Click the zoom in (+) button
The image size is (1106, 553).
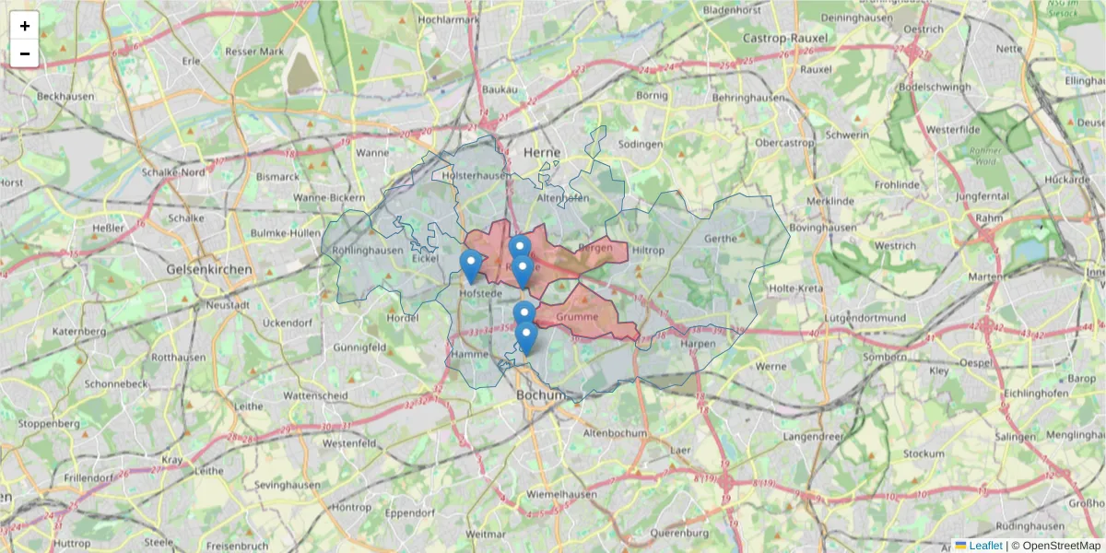point(25,26)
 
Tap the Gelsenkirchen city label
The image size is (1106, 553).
point(209,269)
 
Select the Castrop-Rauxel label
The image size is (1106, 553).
point(785,38)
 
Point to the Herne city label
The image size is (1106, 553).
point(541,152)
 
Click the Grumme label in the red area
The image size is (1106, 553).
point(577,318)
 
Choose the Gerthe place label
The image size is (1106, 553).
point(721,238)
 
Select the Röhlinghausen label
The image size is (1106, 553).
point(368,250)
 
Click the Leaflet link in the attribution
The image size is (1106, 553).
point(985,546)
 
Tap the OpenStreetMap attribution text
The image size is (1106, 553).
point(1055,546)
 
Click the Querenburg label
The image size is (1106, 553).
point(684,533)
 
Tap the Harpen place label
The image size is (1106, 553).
point(698,344)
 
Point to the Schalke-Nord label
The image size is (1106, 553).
point(173,172)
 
